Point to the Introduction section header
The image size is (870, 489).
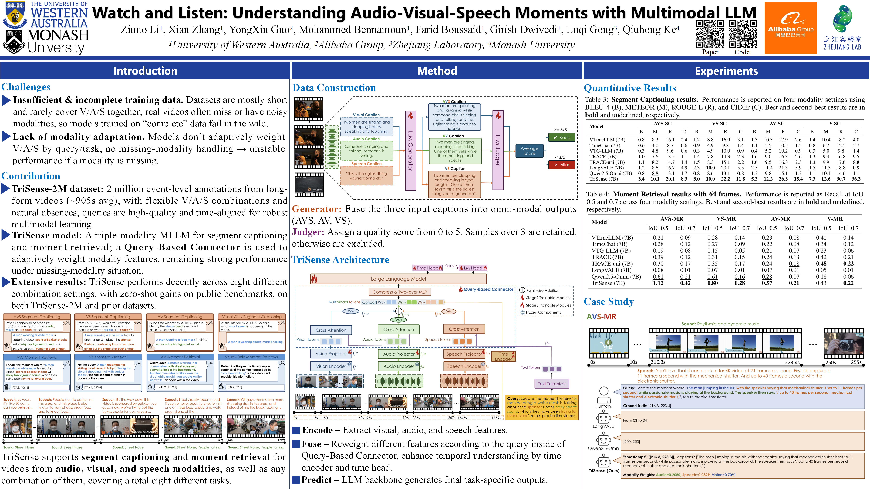[x=145, y=71]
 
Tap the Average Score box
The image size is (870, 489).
[x=529, y=151]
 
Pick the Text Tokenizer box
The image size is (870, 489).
[x=551, y=384]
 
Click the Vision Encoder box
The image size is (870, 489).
[x=331, y=366]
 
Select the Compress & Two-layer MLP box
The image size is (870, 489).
[x=400, y=292]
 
